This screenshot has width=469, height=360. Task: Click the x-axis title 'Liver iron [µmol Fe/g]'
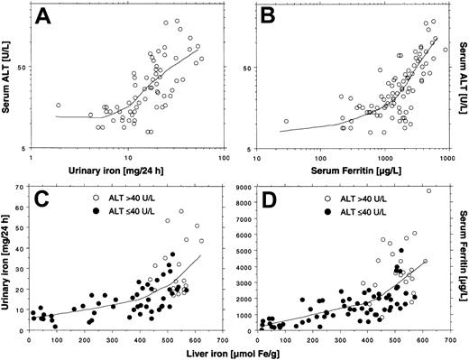(x=236, y=352)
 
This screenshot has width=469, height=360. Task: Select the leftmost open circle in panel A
(x=59, y=106)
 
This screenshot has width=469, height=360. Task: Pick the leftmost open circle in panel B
(x=287, y=121)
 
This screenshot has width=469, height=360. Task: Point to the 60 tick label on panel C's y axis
(x=18, y=208)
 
